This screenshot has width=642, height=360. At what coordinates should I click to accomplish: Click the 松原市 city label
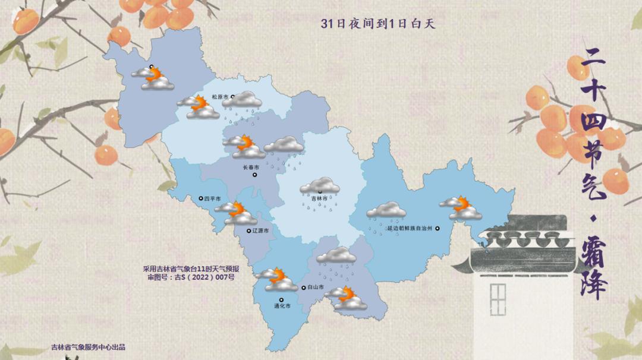220,97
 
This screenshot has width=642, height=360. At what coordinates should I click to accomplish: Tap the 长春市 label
251,168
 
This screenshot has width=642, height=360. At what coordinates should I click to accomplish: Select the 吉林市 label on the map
320,199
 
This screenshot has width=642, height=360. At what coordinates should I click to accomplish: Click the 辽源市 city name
260,230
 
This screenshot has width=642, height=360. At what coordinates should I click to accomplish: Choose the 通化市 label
282,307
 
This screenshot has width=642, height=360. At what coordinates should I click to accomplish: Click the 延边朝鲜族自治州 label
410,228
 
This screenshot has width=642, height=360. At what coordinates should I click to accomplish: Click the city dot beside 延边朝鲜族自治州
438,228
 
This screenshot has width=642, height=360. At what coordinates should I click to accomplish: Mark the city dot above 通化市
282,299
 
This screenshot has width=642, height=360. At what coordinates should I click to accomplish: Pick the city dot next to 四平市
200,198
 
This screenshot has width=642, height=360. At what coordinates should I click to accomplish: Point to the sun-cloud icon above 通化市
276,279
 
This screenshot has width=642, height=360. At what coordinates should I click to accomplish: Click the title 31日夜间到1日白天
379,24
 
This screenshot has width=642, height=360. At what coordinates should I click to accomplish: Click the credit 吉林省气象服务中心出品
89,348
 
